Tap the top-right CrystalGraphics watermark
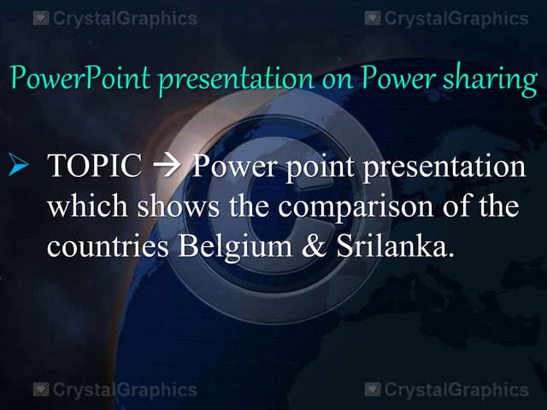(x=446, y=18)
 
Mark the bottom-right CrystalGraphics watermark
(x=446, y=390)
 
